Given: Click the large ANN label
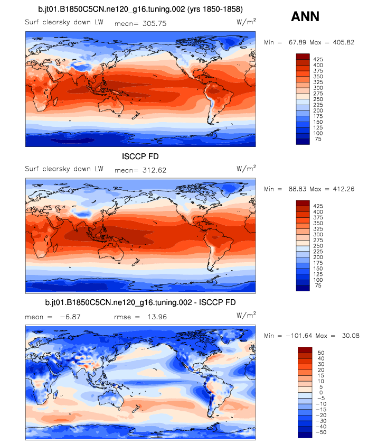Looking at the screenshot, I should pos(305,17).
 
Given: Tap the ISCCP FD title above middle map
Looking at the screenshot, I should pos(140,156).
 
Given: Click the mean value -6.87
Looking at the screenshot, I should pos(68,317).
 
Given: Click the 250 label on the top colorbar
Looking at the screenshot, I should pos(318,99).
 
